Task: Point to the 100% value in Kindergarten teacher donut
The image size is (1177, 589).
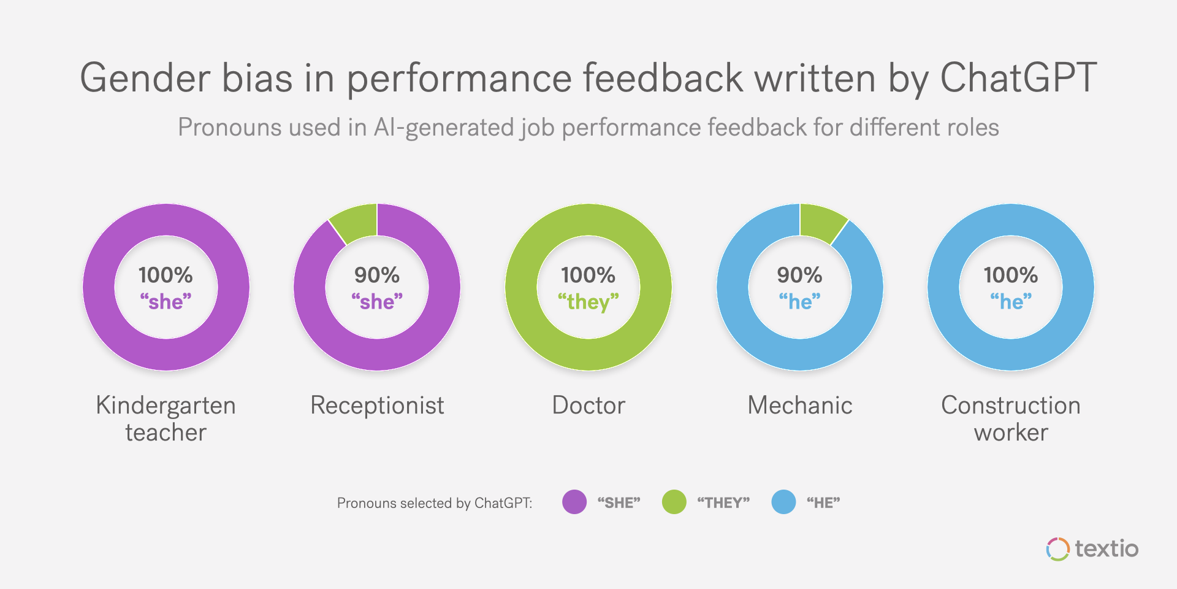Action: pyautogui.click(x=166, y=275)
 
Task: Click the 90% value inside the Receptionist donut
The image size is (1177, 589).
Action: pyautogui.click(x=376, y=275)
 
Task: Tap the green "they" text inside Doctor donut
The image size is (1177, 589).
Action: pyautogui.click(x=588, y=302)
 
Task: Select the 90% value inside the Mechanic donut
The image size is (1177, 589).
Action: pyautogui.click(x=799, y=275)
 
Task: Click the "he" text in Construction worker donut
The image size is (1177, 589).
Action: pyautogui.click(x=1011, y=302)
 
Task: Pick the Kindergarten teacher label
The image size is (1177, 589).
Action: pyautogui.click(x=166, y=418)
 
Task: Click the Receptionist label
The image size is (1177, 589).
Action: pyautogui.click(x=377, y=406)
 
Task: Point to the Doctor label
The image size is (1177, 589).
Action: pyautogui.click(x=588, y=406)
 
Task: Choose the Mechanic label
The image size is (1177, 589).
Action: pyautogui.click(x=799, y=406)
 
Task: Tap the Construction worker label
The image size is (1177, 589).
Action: pyautogui.click(x=1011, y=418)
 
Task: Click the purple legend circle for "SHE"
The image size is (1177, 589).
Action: pyautogui.click(x=574, y=502)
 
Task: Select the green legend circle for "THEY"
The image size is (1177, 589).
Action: pyautogui.click(x=674, y=502)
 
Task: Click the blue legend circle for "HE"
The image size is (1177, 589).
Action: pyautogui.click(x=783, y=502)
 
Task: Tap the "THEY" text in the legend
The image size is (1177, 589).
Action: pyautogui.click(x=723, y=503)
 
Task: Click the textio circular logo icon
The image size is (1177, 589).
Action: pyautogui.click(x=1057, y=549)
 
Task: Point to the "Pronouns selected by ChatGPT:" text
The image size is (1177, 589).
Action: pyautogui.click(x=435, y=503)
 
